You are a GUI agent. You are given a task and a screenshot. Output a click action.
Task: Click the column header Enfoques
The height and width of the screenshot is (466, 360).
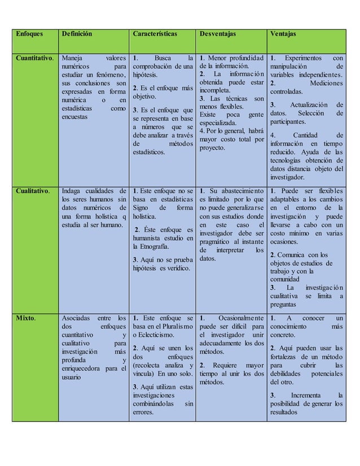click(x=28, y=33)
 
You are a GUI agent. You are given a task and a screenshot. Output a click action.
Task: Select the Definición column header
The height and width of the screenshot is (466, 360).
click(x=77, y=33)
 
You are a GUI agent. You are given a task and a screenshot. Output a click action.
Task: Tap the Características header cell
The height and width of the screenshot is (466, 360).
click(x=155, y=33)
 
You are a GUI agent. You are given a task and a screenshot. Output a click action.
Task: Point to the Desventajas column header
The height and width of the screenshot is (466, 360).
click(x=219, y=33)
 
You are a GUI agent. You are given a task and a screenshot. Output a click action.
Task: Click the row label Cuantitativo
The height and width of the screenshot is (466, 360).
click(x=34, y=58)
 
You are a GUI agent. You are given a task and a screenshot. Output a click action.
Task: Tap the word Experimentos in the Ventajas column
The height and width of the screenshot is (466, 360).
click(x=304, y=58)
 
